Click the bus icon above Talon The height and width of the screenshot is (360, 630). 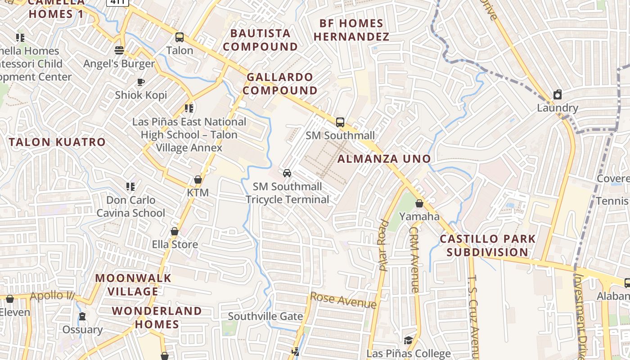coord(180,37)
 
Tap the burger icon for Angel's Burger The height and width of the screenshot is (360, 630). coord(119,50)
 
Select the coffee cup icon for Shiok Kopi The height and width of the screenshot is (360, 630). coord(140,82)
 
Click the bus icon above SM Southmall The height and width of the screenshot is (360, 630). coord(340,122)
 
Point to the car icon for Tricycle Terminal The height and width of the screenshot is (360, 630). coord(287,173)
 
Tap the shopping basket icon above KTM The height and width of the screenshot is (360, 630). coord(198,180)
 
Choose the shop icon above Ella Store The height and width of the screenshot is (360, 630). coord(175,231)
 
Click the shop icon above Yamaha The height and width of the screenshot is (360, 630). coord(419,203)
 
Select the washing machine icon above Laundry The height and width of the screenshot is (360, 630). coord(558,94)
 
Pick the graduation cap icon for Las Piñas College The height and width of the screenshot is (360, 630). coord(408,340)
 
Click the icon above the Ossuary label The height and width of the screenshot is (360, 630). coord(82,316)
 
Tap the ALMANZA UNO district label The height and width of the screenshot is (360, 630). coord(384,158)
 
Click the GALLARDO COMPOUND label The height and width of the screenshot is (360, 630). coord(280,84)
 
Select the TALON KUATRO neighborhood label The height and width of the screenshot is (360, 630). coord(57,142)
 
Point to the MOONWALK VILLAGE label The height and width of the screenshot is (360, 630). coord(133,284)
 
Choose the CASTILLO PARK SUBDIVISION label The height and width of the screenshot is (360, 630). coord(488,245)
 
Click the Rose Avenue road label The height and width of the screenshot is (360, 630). coord(343,300)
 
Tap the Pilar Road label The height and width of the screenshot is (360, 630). coord(383,245)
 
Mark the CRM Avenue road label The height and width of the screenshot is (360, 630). coord(414,259)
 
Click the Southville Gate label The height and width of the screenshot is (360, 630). coord(265,316)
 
